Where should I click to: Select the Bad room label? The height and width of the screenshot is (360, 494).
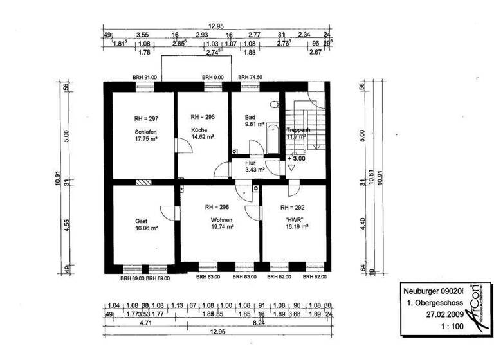(x=250, y=118)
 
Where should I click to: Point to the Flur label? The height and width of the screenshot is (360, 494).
(x=250, y=163)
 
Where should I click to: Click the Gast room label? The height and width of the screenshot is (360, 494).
(x=142, y=219)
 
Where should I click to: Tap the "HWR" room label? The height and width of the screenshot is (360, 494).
(x=295, y=219)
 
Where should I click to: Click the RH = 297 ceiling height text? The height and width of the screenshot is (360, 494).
(x=146, y=118)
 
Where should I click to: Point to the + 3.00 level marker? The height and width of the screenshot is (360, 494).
(x=298, y=157)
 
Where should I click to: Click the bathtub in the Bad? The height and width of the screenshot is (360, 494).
(x=271, y=140)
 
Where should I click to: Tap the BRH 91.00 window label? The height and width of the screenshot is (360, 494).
(x=145, y=77)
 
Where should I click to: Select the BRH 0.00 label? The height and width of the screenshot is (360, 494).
(x=213, y=77)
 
